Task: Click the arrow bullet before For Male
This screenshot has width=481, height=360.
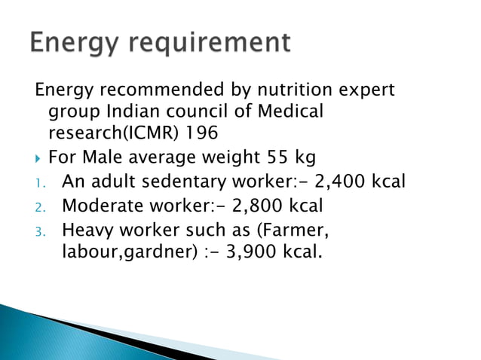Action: (x=39, y=158)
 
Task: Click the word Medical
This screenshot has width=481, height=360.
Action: (x=287, y=111)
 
